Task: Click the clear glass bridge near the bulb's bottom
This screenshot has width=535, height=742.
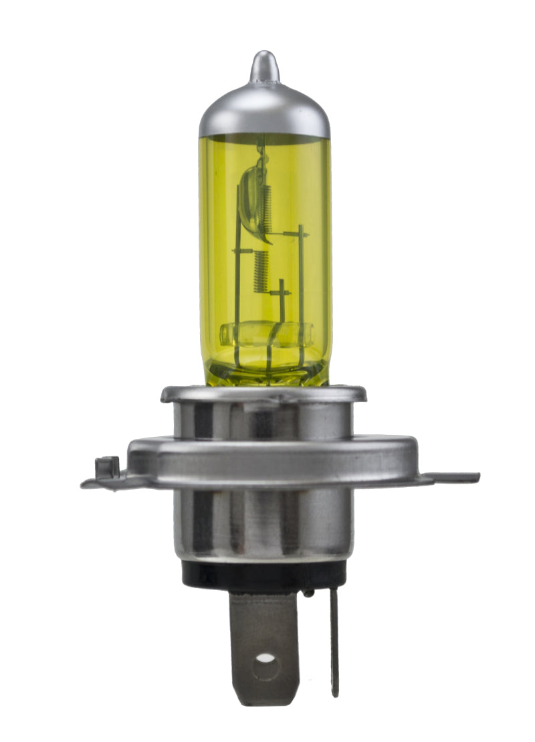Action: (265, 333)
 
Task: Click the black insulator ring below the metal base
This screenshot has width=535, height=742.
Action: (263, 574)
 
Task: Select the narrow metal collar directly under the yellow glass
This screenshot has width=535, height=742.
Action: (263, 394)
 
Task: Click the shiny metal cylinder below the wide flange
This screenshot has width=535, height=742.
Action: (263, 522)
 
